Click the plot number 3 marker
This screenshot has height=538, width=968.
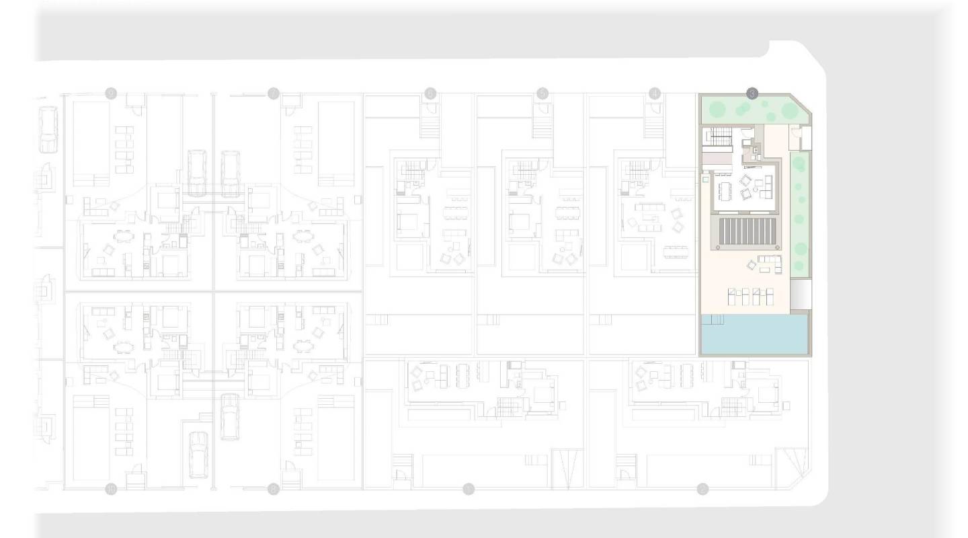(x=752, y=93)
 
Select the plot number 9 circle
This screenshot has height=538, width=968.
(x=111, y=93)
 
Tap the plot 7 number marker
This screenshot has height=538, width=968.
(x=273, y=93)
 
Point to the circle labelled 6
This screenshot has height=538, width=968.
(x=430, y=93)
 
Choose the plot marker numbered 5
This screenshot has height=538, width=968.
(x=542, y=93)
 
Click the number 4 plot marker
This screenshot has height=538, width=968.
(x=655, y=93)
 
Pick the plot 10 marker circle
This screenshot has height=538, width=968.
(x=111, y=489)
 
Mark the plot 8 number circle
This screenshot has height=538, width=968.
(x=273, y=489)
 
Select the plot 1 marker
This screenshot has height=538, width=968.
(x=469, y=489)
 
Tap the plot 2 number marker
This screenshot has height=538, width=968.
(x=702, y=489)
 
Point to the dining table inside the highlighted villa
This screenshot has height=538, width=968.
(x=724, y=191)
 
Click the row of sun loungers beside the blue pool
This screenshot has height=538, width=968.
(x=751, y=295)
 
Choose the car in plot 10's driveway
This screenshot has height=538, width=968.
(x=198, y=453)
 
